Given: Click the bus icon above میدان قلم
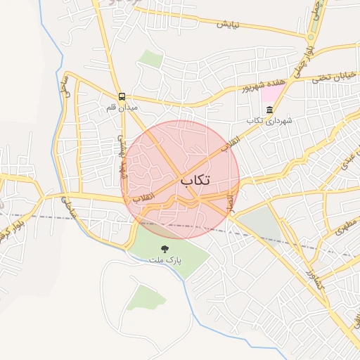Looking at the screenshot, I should (122, 96).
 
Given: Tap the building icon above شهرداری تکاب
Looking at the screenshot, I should (270, 110).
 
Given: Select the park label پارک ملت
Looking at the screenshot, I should (165, 259).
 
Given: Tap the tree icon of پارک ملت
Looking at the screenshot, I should (165, 248).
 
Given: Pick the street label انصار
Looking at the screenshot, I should (229, 202).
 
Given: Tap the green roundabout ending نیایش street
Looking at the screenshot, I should (310, 37).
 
